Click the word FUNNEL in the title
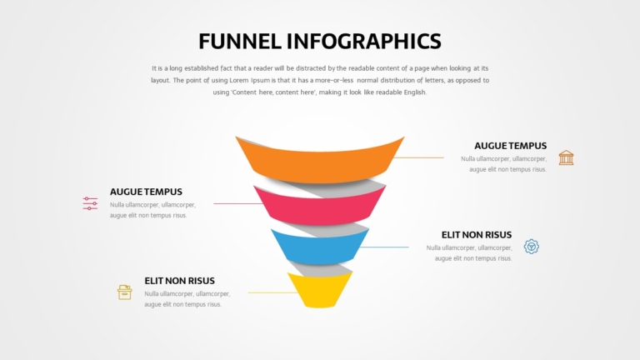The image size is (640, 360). pos(240,41)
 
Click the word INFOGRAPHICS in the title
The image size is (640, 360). pos(363,41)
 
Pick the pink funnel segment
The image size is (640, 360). pos(320,207)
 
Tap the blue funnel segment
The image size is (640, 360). pos(320,247)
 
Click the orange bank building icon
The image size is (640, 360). pos(566,157)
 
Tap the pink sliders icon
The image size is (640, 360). pos(90,203)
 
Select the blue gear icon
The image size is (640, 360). pos(532,247)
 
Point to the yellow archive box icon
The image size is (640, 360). pos(124,292)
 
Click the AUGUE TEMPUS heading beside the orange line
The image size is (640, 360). pos(510,146)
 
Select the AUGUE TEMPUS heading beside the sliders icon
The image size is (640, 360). pos(146,192)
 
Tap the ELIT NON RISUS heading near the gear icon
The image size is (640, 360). pos(477,235)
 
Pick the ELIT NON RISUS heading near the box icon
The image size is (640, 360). pos(180,281)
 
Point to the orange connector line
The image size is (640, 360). pos(419,157)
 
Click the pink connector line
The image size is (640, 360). pos(238,203)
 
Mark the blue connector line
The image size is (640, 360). pos(384,247)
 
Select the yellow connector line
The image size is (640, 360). pos(272,292)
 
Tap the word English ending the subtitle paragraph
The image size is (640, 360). pos(415,92)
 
